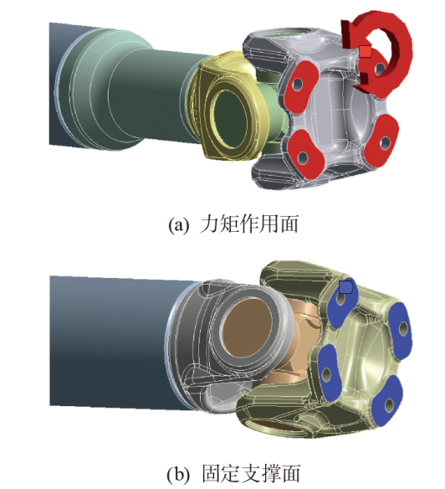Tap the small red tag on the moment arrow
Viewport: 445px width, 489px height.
point(366,52)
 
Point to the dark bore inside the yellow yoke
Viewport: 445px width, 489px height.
point(230,121)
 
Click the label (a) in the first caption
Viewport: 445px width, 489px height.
point(178,224)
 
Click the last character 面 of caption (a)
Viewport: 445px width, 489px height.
point(289,224)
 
